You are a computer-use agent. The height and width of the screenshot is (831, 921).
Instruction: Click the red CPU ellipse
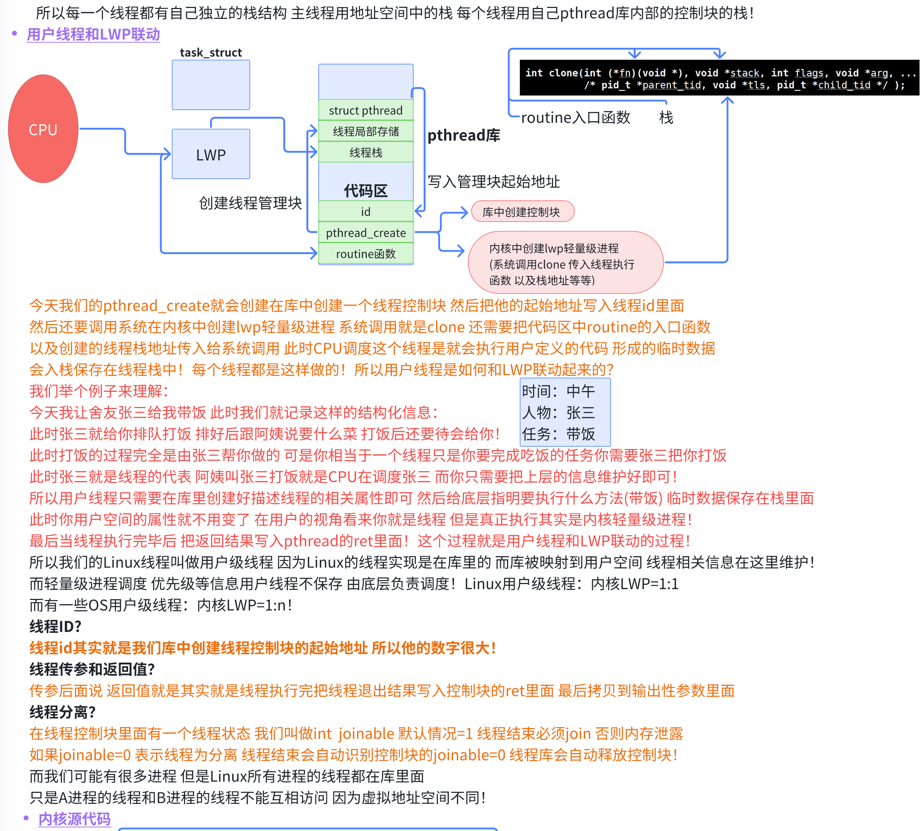coord(43,129)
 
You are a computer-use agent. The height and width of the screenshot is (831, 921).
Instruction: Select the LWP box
coord(210,154)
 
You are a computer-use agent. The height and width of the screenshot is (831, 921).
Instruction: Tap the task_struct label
coord(210,53)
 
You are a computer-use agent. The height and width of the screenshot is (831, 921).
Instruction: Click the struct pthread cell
coord(365,110)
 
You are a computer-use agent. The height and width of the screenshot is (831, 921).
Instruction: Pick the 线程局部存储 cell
coord(365,131)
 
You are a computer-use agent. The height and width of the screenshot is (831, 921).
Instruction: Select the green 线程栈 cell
coord(365,152)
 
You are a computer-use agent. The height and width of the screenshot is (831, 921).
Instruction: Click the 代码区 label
coord(365,190)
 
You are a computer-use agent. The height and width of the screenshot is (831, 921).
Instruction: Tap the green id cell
coord(365,211)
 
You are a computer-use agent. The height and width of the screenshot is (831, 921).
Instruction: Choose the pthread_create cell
coord(365,233)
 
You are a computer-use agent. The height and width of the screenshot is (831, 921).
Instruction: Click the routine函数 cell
coord(365,254)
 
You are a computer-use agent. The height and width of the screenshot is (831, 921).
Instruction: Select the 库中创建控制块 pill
coord(522,212)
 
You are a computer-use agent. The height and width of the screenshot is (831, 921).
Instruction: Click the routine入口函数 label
coord(575,118)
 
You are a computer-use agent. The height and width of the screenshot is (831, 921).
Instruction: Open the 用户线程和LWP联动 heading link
coord(93,34)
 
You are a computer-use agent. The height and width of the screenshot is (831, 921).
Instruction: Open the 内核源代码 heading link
coord(75,819)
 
